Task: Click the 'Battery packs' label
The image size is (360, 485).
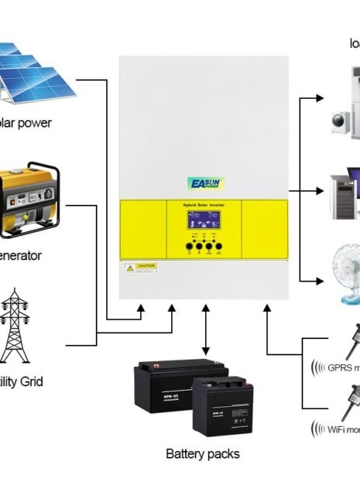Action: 203,453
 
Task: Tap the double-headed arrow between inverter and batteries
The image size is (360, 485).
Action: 204,330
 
